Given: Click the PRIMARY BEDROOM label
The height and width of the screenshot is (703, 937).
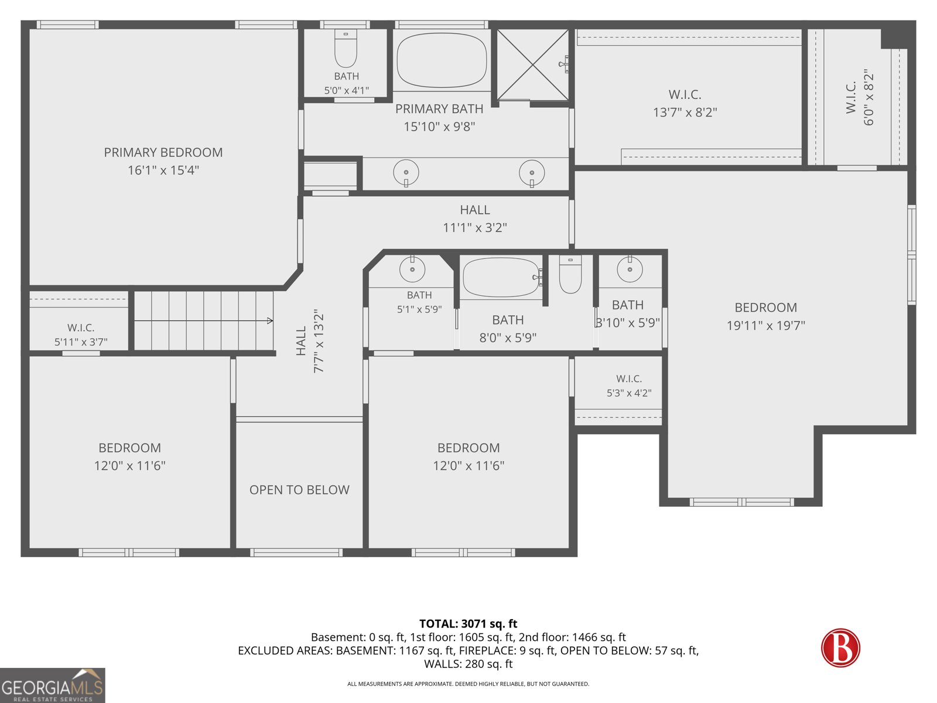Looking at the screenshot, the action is pyautogui.click(x=163, y=152).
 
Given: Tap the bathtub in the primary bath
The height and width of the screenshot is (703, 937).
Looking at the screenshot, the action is pyautogui.click(x=442, y=60).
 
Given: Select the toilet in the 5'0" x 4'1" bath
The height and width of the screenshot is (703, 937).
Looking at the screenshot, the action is pyautogui.click(x=346, y=48).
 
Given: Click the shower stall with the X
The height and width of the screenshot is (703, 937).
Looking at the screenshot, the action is pyautogui.click(x=533, y=64).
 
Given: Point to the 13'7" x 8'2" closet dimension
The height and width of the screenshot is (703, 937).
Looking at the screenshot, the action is pyautogui.click(x=685, y=112).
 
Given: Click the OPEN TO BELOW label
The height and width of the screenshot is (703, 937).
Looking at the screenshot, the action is pyautogui.click(x=299, y=490).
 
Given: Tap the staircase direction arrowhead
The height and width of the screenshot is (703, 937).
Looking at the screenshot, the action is pyautogui.click(x=270, y=320).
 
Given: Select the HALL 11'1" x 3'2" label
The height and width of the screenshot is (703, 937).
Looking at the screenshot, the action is pyautogui.click(x=475, y=219).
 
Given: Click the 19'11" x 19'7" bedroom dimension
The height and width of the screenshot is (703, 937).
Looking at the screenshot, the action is pyautogui.click(x=766, y=326).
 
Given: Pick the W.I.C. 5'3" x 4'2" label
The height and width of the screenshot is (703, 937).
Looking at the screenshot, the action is pyautogui.click(x=629, y=385).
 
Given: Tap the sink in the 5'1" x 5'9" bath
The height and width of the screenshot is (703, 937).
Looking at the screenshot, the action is pyautogui.click(x=412, y=269).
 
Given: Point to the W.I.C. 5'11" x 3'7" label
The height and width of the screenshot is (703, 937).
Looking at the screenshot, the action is pyautogui.click(x=81, y=335).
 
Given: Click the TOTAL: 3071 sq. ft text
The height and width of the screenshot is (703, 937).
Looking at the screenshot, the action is pyautogui.click(x=468, y=623).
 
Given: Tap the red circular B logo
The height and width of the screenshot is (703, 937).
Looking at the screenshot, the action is pyautogui.click(x=840, y=647).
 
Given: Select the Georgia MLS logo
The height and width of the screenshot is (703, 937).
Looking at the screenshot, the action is pyautogui.click(x=53, y=685).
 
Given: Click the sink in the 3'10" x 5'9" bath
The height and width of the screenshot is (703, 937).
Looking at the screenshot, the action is pyautogui.click(x=630, y=269).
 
